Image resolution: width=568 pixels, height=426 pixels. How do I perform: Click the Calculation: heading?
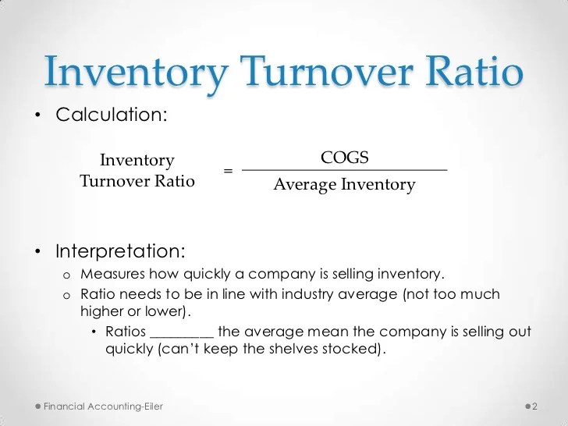pos(110,115)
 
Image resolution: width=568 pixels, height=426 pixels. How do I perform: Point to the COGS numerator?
pos(344,158)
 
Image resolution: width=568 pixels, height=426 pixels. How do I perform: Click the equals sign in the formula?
pos(228,170)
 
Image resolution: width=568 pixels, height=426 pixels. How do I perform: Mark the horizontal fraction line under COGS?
pos(344,170)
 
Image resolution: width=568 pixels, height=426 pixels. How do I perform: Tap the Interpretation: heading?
pos(120,252)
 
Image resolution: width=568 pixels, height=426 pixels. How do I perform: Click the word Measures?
pos(112,275)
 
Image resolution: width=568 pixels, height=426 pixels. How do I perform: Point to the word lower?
pos(165,311)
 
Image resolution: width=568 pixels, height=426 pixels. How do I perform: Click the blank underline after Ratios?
pos(181,333)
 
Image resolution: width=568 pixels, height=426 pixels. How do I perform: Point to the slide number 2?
pos(535,407)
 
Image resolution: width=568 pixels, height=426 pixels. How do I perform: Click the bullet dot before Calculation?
pos(35,115)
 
